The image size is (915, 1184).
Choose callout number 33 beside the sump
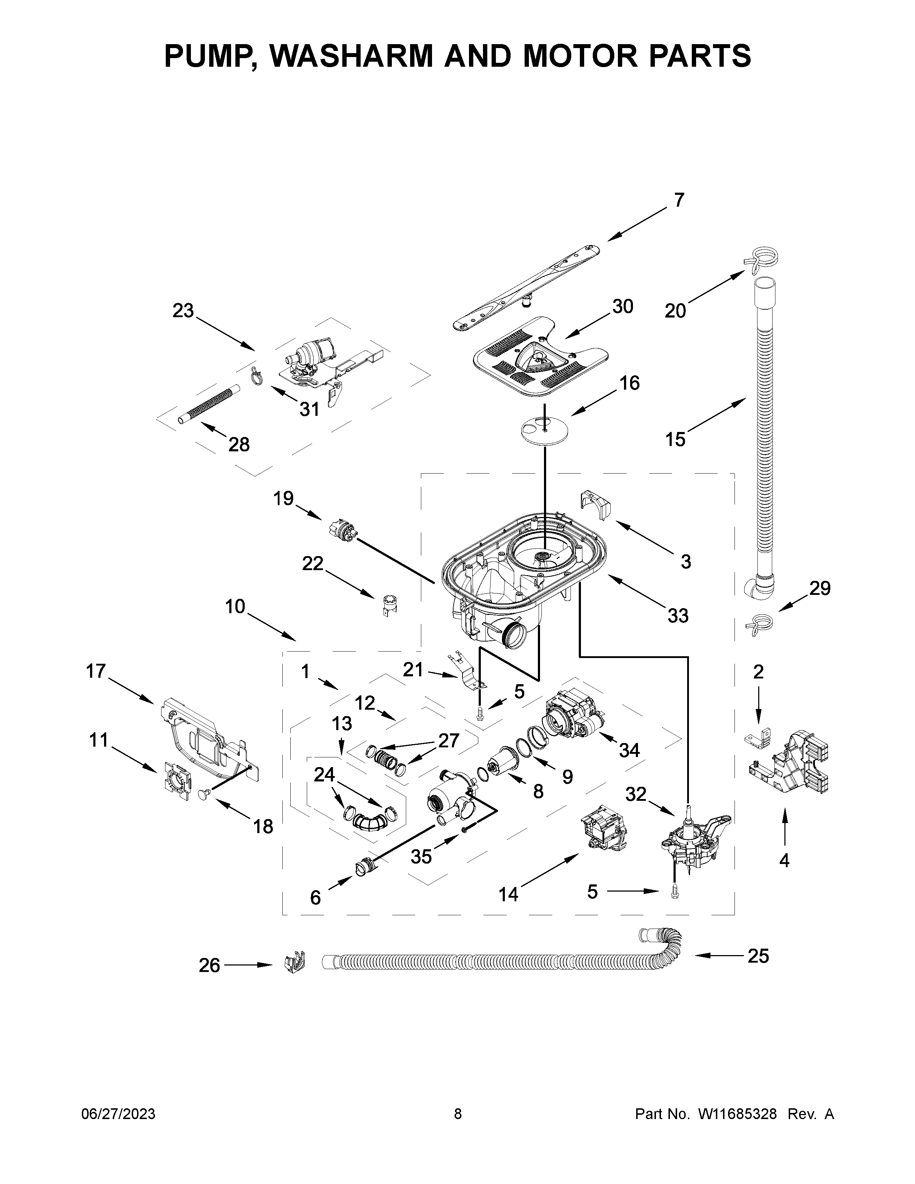(x=677, y=615)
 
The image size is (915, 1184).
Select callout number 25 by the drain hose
(x=758, y=956)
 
